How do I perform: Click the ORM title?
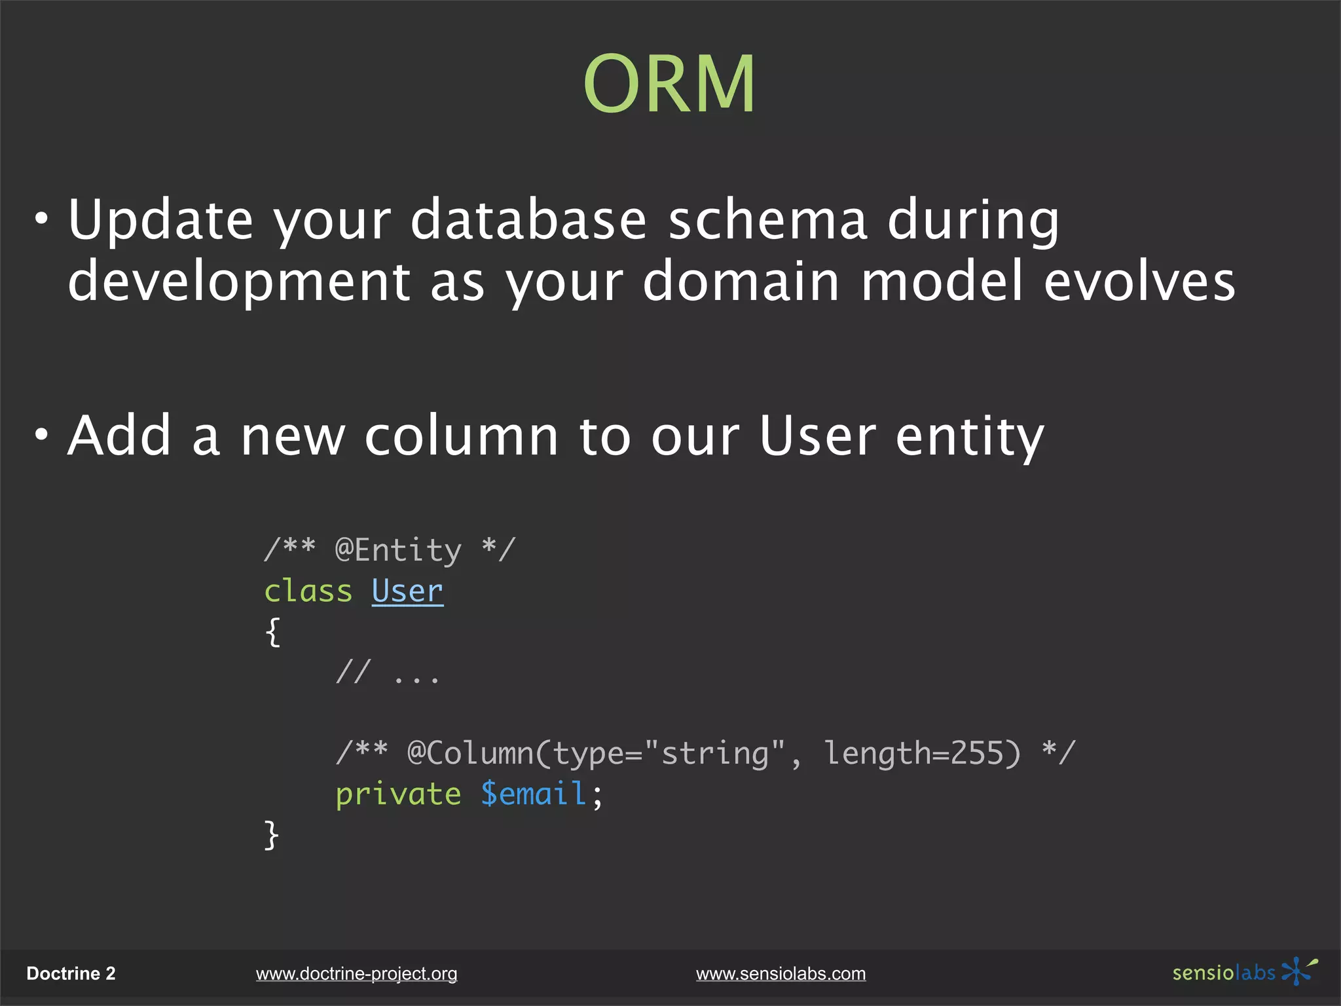pyautogui.click(x=669, y=84)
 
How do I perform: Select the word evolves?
pyautogui.click(x=1139, y=281)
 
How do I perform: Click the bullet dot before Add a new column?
pyautogui.click(x=42, y=434)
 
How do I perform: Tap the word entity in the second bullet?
pyautogui.click(x=969, y=437)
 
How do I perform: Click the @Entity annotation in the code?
pyautogui.click(x=398, y=550)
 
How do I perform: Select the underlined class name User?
pyautogui.click(x=407, y=591)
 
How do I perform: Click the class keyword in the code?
pyautogui.click(x=308, y=591)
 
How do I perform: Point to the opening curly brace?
pyautogui.click(x=273, y=632)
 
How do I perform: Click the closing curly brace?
pyautogui.click(x=272, y=835)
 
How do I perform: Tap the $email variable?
pyautogui.click(x=533, y=794)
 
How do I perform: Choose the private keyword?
pyautogui.click(x=398, y=794)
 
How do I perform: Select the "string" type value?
pyautogui.click(x=714, y=753)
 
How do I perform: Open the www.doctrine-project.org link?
pyautogui.click(x=356, y=974)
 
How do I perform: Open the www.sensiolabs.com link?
pyautogui.click(x=781, y=974)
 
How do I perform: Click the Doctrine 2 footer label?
pyautogui.click(x=71, y=974)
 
